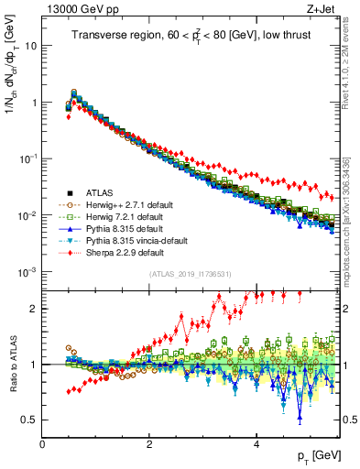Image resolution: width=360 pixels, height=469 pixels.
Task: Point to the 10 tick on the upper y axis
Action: pyautogui.click(x=29, y=46)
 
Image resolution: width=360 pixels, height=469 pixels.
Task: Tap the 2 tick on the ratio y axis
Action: pyautogui.click(x=32, y=308)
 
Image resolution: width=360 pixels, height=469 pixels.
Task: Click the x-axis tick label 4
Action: pyautogui.click(x=256, y=443)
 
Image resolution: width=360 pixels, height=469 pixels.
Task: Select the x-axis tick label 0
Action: pyautogui.click(x=42, y=443)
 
